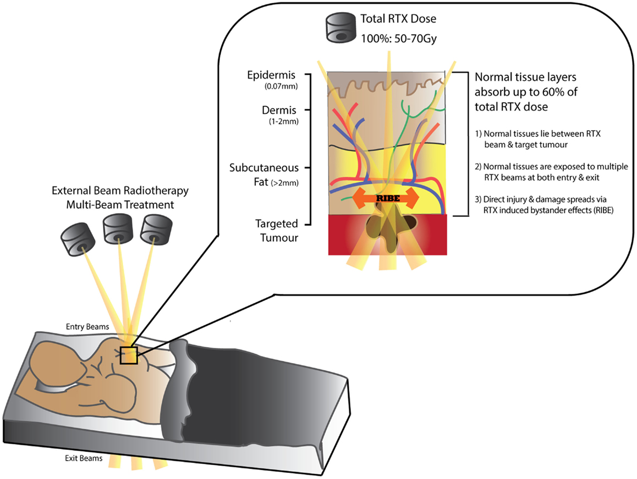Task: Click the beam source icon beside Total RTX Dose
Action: click(340, 28)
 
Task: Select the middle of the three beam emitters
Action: click(117, 231)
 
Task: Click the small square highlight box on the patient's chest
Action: click(129, 355)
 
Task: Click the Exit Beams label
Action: click(83, 458)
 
